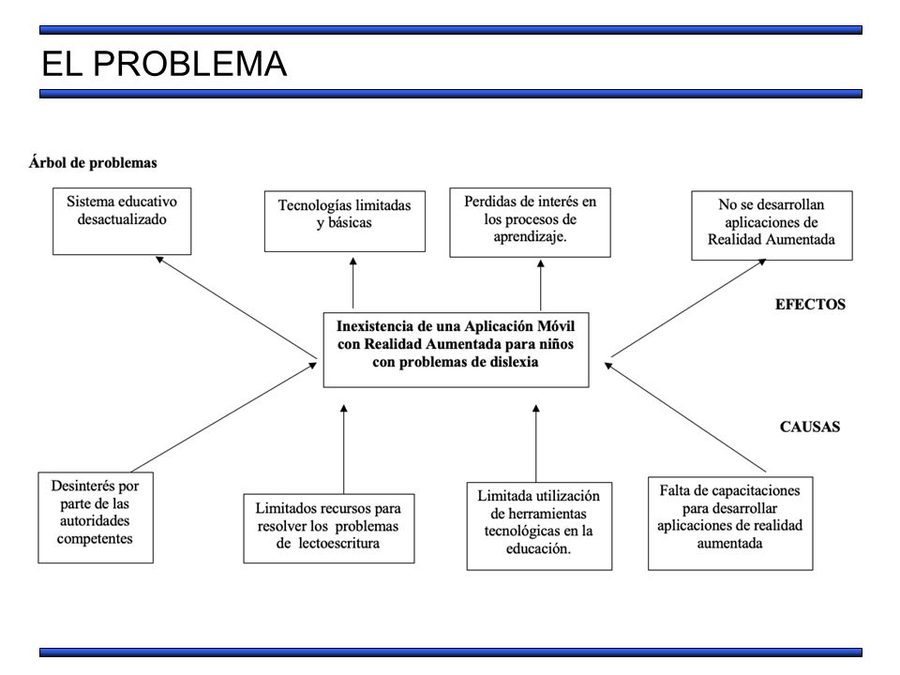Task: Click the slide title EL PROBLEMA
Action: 164,63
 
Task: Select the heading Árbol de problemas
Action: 93,163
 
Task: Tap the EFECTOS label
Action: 810,304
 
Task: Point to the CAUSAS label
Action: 810,427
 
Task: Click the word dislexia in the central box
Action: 515,362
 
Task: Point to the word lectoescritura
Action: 338,544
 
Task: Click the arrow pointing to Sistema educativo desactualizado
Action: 236,307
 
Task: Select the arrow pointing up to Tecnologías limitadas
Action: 353,283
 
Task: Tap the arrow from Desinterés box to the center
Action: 224,416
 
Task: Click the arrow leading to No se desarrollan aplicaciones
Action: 689,307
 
